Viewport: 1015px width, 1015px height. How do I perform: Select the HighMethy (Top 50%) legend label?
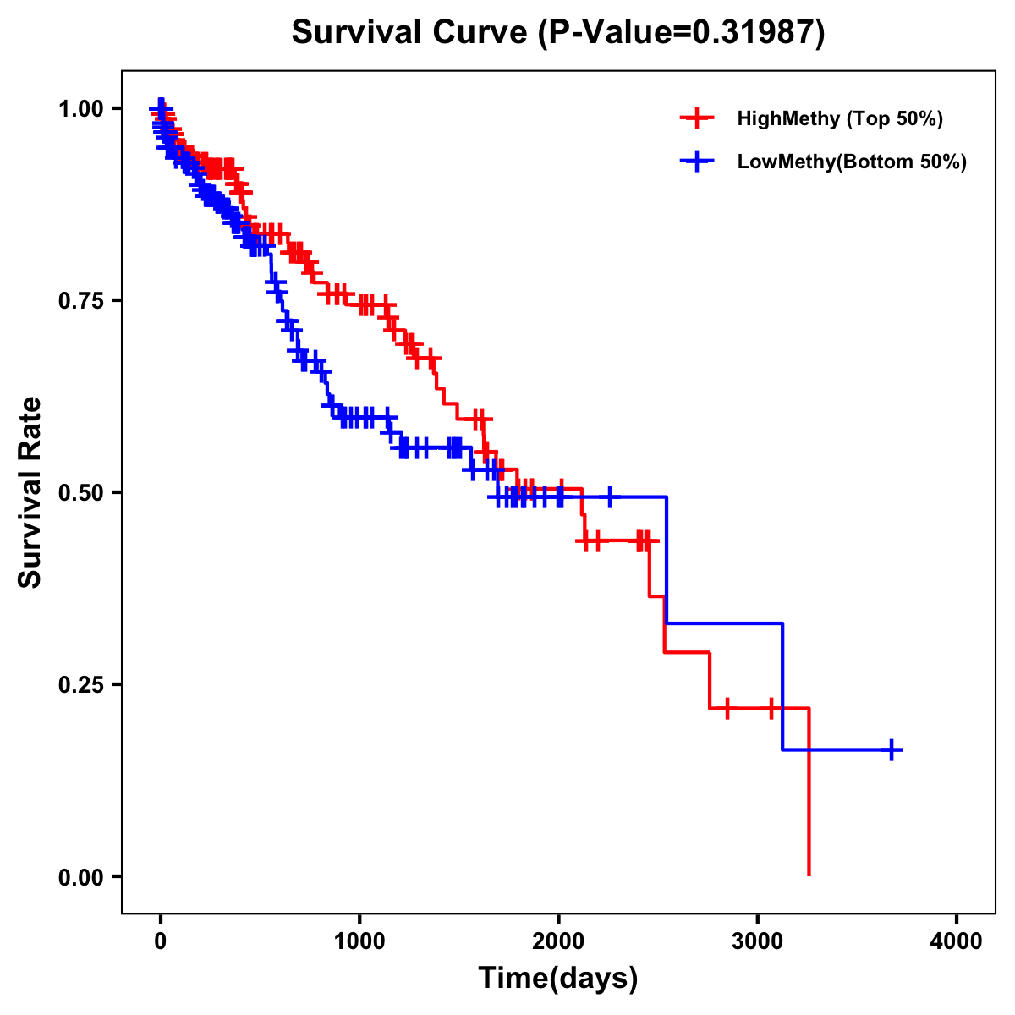click(840, 118)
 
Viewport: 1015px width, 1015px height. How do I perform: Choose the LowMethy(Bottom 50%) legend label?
click(852, 162)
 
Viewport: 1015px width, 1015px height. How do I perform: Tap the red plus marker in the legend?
click(697, 118)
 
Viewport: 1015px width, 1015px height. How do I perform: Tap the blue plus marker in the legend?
click(697, 162)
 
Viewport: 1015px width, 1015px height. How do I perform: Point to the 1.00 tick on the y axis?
click(81, 108)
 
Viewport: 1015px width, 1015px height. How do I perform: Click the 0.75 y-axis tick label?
click(81, 300)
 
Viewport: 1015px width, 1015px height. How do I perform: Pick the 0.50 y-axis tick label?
click(81, 492)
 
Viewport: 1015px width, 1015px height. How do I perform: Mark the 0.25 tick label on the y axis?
click(81, 684)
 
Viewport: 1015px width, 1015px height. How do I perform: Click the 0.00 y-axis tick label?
click(81, 876)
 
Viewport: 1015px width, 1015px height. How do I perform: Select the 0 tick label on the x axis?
click(161, 941)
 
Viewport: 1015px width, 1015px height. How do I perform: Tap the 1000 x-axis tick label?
click(359, 941)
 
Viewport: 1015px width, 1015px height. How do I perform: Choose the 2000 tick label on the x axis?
click(558, 941)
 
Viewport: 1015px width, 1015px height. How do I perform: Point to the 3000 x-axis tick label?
click(758, 941)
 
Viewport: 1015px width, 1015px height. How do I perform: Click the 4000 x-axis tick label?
click(957, 941)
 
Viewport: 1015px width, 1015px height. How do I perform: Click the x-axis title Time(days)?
click(558, 979)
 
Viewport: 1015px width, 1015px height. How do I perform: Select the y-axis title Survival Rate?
click(30, 492)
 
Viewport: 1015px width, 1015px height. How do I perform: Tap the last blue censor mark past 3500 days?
click(892, 749)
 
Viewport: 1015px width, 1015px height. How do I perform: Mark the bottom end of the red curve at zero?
click(809, 874)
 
